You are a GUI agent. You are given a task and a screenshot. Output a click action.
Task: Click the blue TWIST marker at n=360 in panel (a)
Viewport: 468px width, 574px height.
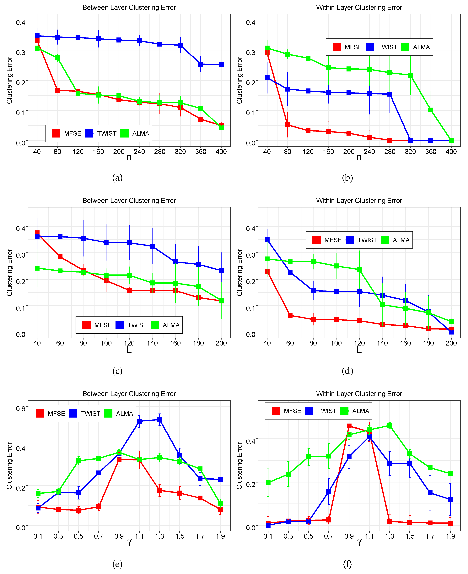click(x=201, y=64)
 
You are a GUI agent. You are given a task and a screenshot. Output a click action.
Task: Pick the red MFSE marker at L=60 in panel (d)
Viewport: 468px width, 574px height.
click(x=290, y=315)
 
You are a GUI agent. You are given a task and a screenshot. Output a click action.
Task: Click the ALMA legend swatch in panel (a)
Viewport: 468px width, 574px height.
click(x=124, y=133)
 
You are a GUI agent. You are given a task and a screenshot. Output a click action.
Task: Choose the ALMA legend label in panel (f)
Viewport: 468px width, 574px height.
click(x=360, y=411)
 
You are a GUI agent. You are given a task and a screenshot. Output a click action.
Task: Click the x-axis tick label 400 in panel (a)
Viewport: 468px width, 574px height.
click(x=221, y=152)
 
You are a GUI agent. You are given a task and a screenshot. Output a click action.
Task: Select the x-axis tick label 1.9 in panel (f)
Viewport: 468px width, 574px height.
click(x=450, y=536)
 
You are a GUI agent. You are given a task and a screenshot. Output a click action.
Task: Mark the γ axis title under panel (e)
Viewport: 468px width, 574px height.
click(x=129, y=542)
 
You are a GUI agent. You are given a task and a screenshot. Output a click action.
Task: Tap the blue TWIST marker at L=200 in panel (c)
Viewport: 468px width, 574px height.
click(x=221, y=270)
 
